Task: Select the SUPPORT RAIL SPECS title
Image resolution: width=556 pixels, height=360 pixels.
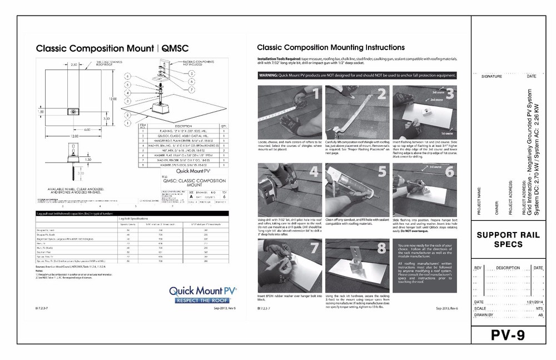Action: pos(506,240)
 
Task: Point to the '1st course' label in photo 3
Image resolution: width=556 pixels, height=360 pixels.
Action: pos(446,134)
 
